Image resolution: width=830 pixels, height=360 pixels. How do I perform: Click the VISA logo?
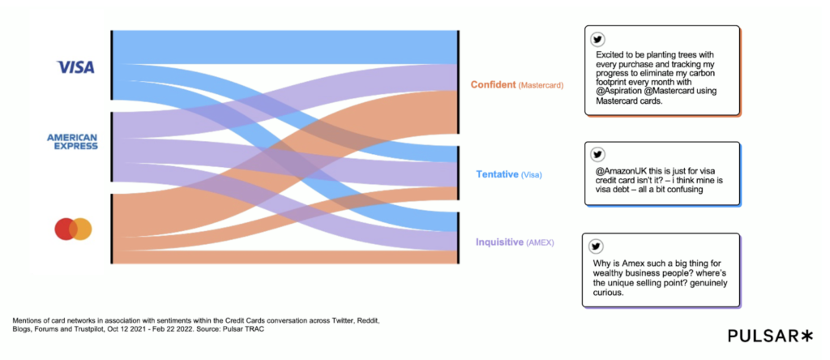75,66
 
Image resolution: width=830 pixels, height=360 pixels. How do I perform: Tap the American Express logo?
72,142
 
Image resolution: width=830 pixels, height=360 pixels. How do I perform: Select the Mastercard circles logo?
73,229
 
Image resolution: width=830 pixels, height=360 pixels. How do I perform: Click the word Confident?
493,84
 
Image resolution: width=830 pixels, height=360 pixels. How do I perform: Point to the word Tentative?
497,174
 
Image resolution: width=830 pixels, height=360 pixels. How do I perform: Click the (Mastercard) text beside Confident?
541,85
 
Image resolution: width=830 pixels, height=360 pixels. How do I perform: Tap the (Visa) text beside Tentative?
531,175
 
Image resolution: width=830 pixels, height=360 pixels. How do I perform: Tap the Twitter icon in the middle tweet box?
598,155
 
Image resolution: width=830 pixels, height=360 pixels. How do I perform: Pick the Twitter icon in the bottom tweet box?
597,246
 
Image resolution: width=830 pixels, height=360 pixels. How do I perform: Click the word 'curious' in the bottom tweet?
614,294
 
